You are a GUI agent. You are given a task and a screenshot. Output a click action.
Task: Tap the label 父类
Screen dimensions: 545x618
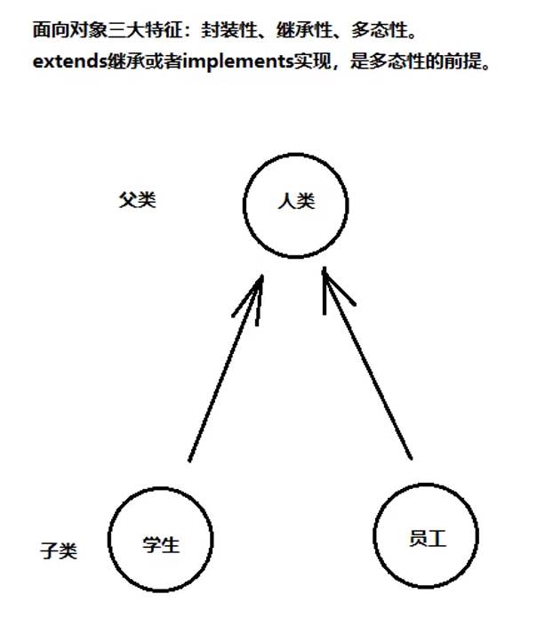click(x=137, y=199)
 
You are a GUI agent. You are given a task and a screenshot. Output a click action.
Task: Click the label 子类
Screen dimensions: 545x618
click(x=59, y=550)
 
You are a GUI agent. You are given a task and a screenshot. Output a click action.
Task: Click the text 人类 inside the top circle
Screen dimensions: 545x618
click(x=296, y=202)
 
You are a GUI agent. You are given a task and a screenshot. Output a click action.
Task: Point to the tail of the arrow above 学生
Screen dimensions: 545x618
click(x=189, y=460)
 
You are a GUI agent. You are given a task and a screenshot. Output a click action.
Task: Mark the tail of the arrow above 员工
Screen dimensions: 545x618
click(x=411, y=457)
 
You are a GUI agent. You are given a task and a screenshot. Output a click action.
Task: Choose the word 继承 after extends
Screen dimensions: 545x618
click(x=117, y=66)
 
